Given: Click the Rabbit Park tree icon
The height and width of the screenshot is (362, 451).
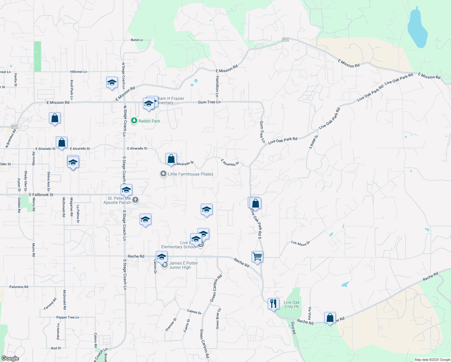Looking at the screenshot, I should click(134, 121).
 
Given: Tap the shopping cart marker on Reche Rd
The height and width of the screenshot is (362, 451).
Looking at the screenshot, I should click(257, 257).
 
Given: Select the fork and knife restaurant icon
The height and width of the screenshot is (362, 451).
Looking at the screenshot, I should click(273, 303).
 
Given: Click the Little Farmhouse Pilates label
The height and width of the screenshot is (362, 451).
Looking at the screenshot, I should click(190, 174).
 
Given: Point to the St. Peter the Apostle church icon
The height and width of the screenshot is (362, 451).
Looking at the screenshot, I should click(135, 200).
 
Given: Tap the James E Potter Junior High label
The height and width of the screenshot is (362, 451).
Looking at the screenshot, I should click(183, 265).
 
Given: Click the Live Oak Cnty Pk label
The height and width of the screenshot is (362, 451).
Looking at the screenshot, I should click(292, 304).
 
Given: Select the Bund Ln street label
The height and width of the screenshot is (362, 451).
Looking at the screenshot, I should click(137, 40).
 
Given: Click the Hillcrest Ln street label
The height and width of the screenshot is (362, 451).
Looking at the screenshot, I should click(79, 72).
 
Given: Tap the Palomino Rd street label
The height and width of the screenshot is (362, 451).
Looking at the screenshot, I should click(19, 287).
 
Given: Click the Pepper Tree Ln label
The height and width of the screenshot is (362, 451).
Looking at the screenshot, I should click(68, 317).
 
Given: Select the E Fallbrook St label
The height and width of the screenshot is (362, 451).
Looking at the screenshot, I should click(41, 195).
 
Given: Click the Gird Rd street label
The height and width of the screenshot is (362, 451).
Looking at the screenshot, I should click(293, 328).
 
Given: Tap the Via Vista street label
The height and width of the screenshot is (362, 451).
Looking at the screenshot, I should click(310, 313).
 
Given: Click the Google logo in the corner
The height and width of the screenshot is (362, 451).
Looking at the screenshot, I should click(10, 358).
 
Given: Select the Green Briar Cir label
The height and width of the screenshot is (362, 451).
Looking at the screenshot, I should click(218, 319).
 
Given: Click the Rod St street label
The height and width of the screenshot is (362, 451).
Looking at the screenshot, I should click(56, 348).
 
